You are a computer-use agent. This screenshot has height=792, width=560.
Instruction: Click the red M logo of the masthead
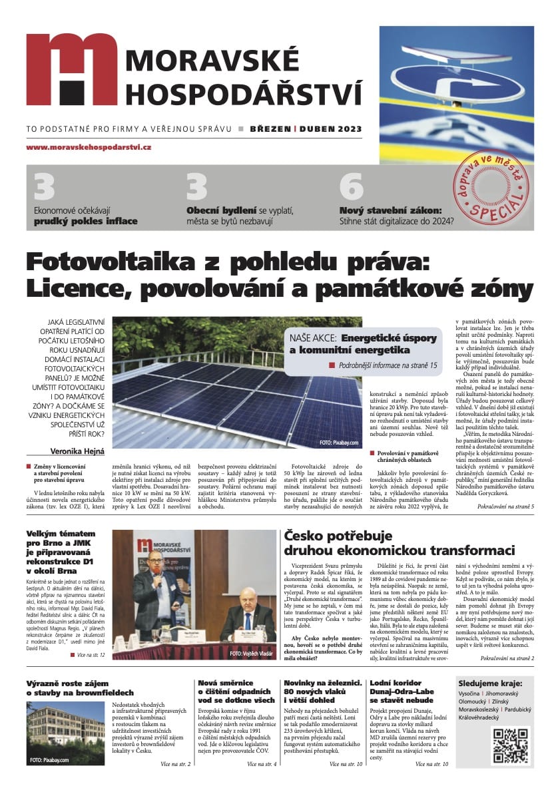(x=71, y=71)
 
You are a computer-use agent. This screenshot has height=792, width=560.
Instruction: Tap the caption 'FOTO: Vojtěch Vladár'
(x=251, y=654)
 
